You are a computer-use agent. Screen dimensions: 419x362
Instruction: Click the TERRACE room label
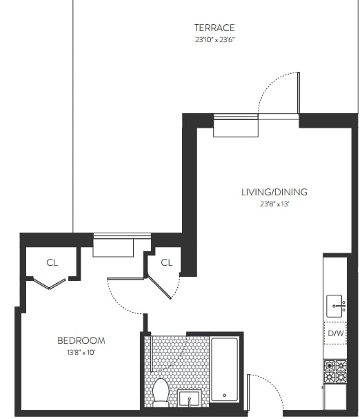click(214, 28)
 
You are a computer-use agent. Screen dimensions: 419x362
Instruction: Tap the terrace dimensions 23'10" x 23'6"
click(214, 40)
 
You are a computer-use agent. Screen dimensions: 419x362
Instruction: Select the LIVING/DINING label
click(274, 192)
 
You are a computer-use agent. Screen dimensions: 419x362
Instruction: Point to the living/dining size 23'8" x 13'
click(274, 204)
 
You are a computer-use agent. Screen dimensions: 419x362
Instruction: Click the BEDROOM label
click(81, 340)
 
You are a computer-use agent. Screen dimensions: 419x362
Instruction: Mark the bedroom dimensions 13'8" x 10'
click(81, 353)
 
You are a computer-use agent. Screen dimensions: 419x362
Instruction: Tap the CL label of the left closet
click(52, 262)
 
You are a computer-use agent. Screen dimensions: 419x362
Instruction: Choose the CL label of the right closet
click(166, 262)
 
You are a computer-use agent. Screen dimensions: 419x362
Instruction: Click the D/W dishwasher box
click(336, 334)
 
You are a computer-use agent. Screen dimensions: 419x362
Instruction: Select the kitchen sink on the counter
click(336, 303)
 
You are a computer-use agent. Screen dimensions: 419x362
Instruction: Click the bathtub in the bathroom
click(224, 369)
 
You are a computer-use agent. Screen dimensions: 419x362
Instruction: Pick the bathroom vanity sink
click(189, 398)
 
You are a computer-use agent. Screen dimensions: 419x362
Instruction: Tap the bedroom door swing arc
click(124, 298)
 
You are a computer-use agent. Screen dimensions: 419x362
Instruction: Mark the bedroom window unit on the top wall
click(112, 245)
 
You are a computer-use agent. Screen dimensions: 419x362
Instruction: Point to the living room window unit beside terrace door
click(236, 126)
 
